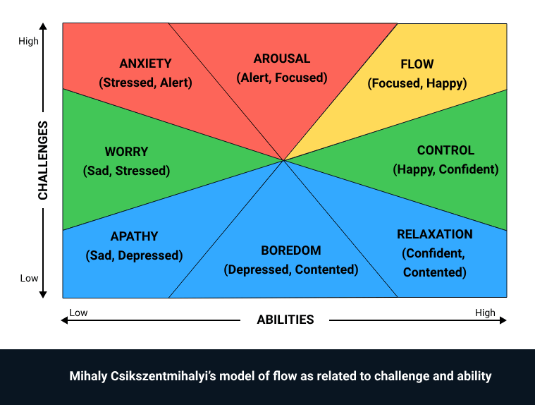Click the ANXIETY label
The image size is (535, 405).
(145, 64)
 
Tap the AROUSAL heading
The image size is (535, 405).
(282, 59)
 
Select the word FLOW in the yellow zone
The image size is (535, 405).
(417, 64)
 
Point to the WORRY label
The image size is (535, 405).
(126, 152)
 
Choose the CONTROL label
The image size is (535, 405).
(445, 150)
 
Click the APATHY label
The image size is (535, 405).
(134, 236)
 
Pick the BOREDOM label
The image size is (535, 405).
(290, 250)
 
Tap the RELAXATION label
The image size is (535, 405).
(434, 234)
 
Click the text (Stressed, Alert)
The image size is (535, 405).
(145, 83)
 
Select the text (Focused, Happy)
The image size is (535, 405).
(417, 83)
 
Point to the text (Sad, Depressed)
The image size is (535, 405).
(134, 255)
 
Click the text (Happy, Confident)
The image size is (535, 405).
(445, 169)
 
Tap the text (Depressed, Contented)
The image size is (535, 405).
(290, 270)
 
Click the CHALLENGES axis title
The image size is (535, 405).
(43, 160)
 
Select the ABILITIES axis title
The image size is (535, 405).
(285, 320)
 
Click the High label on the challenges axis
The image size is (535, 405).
(29, 42)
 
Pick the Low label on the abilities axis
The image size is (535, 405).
(78, 313)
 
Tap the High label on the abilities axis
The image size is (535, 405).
(485, 313)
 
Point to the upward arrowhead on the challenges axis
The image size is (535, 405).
(44, 28)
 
